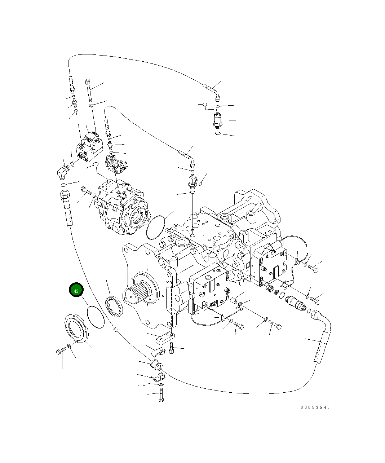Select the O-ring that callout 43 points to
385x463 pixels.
(x=96, y=317)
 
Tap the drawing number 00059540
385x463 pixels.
(x=315, y=407)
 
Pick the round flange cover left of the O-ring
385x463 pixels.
(x=75, y=328)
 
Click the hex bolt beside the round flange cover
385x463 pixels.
(x=61, y=351)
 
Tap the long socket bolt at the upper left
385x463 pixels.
(x=88, y=91)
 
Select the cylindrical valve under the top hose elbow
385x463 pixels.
(x=218, y=120)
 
